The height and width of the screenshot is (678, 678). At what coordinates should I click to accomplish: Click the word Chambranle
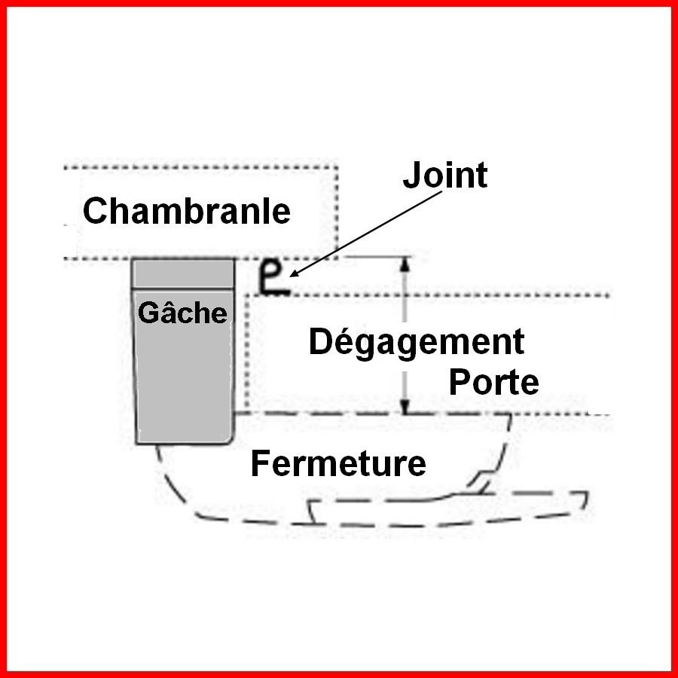[x=186, y=211]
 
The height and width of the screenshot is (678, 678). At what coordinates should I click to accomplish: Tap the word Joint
[x=445, y=175]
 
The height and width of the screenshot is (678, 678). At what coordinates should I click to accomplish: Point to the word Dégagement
[x=417, y=343]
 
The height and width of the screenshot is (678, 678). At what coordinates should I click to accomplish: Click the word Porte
[x=493, y=381]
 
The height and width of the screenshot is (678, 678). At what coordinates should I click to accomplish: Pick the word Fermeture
[x=338, y=463]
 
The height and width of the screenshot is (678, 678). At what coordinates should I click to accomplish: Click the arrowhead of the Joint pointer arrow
[x=294, y=273]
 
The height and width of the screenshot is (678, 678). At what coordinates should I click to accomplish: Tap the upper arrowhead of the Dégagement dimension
[x=405, y=264]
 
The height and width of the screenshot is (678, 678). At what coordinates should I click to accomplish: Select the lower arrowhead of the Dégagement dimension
[x=405, y=407]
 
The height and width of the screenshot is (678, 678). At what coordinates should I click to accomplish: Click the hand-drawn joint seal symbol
[x=273, y=279]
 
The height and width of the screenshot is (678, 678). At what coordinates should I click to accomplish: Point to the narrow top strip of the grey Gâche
[x=183, y=273]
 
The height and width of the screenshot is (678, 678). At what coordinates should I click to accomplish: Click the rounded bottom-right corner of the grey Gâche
[x=230, y=439]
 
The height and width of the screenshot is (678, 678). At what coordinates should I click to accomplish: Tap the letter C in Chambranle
[x=94, y=211]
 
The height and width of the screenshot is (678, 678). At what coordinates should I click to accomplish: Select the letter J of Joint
[x=411, y=175]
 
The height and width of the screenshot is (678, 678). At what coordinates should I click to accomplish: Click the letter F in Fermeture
[x=260, y=463]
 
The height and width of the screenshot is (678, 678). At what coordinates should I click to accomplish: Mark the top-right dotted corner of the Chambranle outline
[x=337, y=167]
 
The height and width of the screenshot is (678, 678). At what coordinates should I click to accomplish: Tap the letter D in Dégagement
[x=320, y=341]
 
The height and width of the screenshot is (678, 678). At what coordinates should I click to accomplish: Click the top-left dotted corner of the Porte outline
[x=247, y=295]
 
